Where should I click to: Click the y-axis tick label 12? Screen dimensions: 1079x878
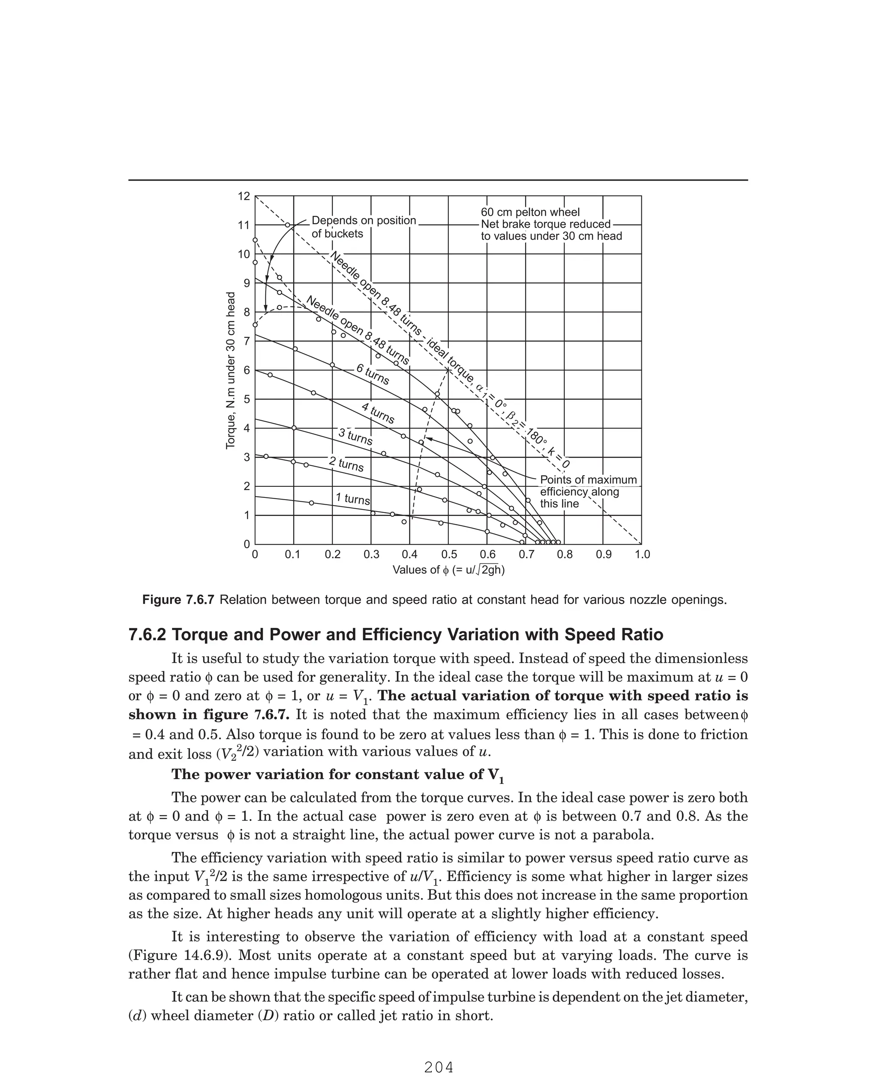click(244, 196)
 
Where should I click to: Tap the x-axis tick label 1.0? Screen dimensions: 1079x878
click(642, 555)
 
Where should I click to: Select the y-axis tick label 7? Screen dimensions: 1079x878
click(247, 341)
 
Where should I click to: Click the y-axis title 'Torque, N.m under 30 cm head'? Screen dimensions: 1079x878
click(231, 370)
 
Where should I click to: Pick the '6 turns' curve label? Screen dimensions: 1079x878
click(373, 375)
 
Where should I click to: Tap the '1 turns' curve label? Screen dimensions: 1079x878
click(353, 499)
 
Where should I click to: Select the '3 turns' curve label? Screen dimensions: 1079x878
click(355, 437)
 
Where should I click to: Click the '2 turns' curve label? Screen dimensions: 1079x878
click(346, 464)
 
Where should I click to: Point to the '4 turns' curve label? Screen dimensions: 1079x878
click(378, 413)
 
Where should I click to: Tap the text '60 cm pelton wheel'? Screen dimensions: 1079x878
click(530, 212)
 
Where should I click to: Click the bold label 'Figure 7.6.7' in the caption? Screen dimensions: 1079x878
click(178, 600)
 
